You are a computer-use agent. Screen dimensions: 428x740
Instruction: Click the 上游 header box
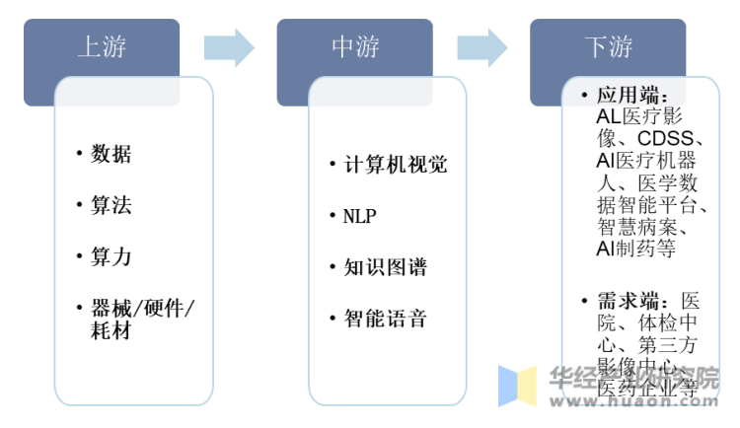(x=102, y=47)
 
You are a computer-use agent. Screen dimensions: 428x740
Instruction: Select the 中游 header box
(x=355, y=47)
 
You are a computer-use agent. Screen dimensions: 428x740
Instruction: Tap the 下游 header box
(x=608, y=47)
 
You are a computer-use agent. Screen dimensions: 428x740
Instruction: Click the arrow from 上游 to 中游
(x=229, y=47)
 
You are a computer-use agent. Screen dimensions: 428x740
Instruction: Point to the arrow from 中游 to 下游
(x=482, y=47)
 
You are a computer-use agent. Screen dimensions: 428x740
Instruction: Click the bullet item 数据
(x=111, y=155)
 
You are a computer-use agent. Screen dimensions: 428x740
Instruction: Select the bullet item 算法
(x=111, y=206)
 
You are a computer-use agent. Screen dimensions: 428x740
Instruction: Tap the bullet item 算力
(x=111, y=257)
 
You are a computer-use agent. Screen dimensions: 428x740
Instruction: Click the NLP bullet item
(x=360, y=216)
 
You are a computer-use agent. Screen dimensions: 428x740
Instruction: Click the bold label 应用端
(x=631, y=97)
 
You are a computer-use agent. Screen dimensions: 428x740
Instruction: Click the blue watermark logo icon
(x=516, y=386)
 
